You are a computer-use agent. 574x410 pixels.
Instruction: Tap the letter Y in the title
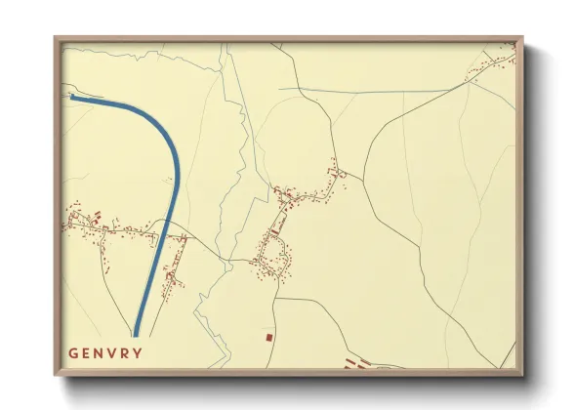[138, 353]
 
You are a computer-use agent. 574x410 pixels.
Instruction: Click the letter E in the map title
[85, 353]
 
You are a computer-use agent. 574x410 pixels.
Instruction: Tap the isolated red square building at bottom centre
[268, 337]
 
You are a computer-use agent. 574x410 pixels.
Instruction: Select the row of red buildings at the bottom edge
[361, 365]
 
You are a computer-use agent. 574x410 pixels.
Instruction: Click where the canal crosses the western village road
[162, 234]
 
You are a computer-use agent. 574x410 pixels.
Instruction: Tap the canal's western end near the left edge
[73, 97]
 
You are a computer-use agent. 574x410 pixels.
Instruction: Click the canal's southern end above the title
[136, 331]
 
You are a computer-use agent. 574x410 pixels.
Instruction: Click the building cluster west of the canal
[107, 225]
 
